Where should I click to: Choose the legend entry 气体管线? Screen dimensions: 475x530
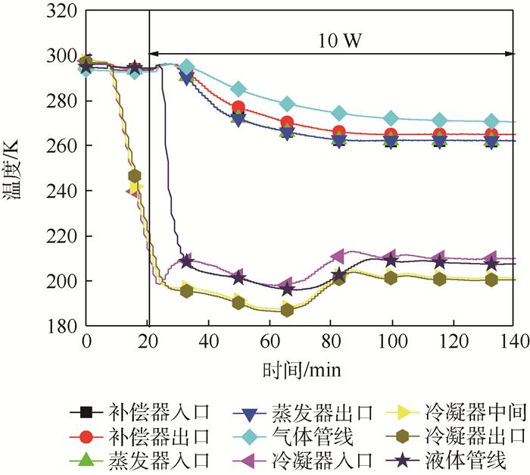point(303,436)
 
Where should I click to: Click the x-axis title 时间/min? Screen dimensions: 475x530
point(301,370)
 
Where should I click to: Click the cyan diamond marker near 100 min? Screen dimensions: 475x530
point(391,118)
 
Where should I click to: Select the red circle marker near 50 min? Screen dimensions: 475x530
point(239,108)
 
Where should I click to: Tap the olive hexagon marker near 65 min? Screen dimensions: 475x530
point(287,310)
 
